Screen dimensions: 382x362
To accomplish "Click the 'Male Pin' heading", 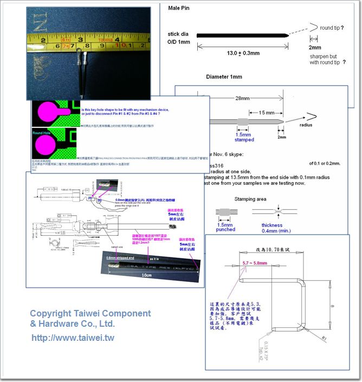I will [x=179, y=9].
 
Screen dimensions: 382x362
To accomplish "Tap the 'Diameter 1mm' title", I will [x=224, y=76].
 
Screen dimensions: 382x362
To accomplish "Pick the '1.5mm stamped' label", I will [x=243, y=137].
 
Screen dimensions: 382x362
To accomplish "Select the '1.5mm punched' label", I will [x=225, y=226].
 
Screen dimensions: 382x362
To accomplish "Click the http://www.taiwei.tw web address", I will [x=73, y=338].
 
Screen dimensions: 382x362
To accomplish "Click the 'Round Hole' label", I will [x=45, y=133].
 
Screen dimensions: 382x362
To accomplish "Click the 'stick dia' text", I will [x=179, y=34].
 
